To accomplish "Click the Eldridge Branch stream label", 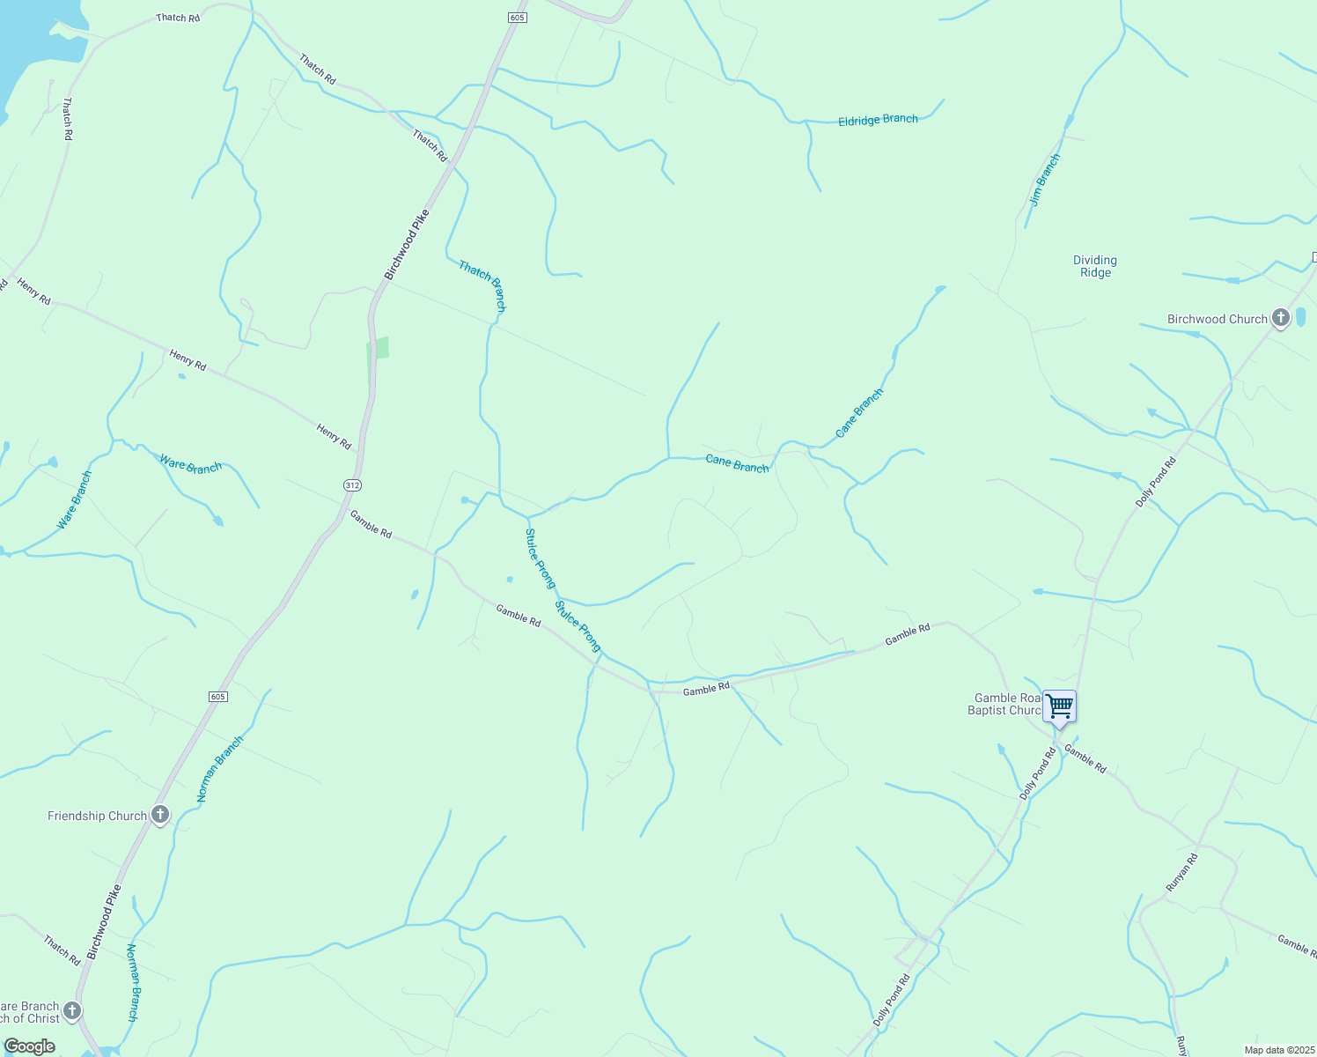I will pos(878,120).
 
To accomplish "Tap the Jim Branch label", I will pos(1045,180).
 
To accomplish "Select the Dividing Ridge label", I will pos(1095,266).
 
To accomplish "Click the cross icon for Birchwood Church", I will pos(1281,318).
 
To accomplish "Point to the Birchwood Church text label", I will pos(1217,319).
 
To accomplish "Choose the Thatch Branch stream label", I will pos(482,285).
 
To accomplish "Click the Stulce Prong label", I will pos(540,558).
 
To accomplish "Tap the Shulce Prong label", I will pos(578,626).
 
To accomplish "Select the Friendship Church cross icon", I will pos(159,815).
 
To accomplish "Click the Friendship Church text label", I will pos(97,817).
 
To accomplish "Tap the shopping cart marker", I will pos(1060,706).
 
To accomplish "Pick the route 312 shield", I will pos(352,485).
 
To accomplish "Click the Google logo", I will pos(29,1046).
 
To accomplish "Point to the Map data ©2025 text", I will pos(1278,1050).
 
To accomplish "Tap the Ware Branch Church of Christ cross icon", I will pos(72,1010).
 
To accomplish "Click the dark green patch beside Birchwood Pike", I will pos(378,349).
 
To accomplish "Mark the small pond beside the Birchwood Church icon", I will pos(1300,317).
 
